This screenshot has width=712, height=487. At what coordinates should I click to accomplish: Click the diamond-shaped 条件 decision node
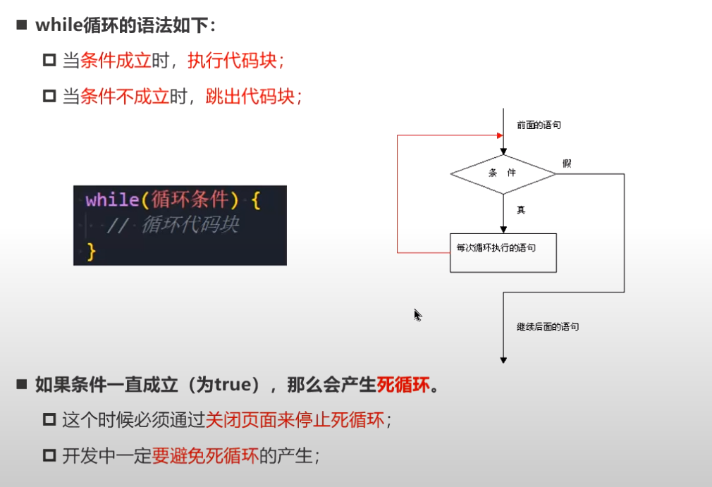coord(503,173)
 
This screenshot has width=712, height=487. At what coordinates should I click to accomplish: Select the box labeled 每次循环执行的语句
coord(503,252)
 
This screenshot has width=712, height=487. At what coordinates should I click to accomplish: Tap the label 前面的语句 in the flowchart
coord(539,125)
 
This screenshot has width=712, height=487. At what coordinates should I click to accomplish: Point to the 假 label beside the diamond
coord(566,164)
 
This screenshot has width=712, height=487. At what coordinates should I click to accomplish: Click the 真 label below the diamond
coord(521,210)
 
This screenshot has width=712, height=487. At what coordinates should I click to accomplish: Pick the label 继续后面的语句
coord(548,327)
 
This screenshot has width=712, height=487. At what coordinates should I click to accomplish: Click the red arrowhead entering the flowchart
coord(500,135)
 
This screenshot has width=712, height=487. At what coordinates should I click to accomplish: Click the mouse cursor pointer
coord(417,314)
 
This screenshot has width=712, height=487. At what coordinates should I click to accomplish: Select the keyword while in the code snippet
coord(112,200)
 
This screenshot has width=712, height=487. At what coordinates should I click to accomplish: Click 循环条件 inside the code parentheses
coord(190,200)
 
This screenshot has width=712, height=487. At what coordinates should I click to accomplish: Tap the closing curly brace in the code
coord(90,250)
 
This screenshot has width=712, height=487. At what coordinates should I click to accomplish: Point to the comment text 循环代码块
coord(190,225)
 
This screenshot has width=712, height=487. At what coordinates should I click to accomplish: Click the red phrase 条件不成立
coord(125,97)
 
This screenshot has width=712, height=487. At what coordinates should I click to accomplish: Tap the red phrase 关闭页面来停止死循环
coord(295,420)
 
